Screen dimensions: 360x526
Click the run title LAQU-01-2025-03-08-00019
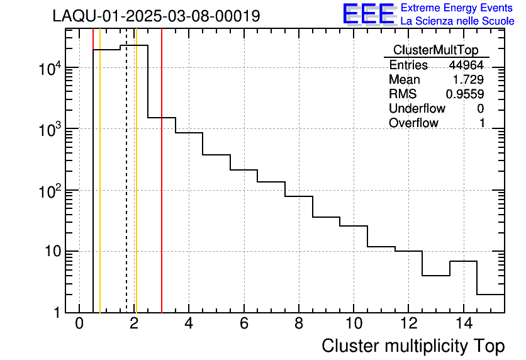tap(156, 16)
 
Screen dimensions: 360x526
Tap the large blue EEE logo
tap(368, 14)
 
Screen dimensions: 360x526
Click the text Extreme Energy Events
tap(457, 8)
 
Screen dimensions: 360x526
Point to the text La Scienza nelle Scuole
tap(457, 21)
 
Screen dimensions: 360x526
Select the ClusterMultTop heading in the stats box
tap(435, 50)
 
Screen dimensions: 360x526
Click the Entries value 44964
tap(466, 65)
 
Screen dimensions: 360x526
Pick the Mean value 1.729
tap(468, 80)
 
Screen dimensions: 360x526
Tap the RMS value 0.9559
tap(465, 94)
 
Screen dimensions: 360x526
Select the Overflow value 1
tap(482, 123)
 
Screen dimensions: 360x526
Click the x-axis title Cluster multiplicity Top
tap(413, 346)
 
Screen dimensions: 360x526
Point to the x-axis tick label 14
tap(463, 323)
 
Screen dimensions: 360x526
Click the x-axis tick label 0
tap(79, 323)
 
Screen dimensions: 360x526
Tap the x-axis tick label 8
tap(298, 323)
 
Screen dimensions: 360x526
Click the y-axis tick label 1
tap(57, 313)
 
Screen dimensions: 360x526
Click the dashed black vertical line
tap(126, 189)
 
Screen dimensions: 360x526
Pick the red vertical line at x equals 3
tap(162, 189)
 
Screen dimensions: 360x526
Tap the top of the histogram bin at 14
tap(463, 261)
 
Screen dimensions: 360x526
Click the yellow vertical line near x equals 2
tap(136, 189)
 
